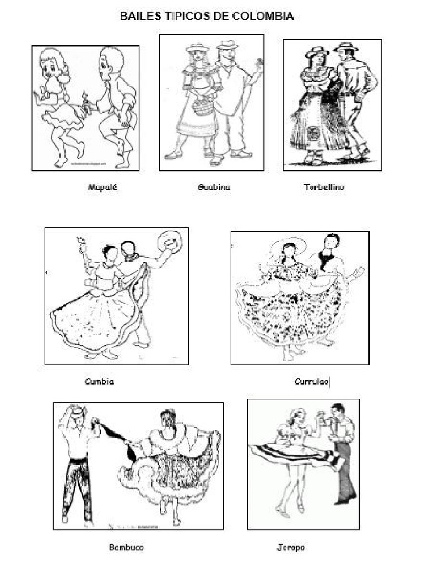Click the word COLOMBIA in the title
(263, 17)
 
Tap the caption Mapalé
(102, 187)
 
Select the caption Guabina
(214, 187)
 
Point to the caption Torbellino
(324, 187)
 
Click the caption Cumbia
(100, 381)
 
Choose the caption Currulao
(312, 381)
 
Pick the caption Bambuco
(126, 547)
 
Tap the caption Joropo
(290, 547)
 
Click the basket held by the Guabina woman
(203, 106)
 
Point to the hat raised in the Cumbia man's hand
(170, 241)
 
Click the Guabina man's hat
(227, 45)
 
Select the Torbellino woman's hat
(317, 51)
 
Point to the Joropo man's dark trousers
(344, 469)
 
